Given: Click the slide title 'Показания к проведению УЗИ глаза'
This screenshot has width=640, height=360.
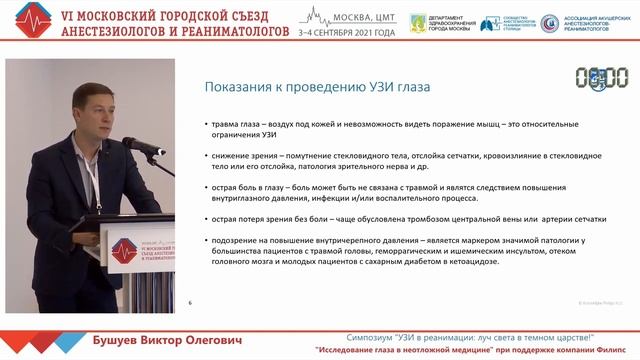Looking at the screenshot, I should pyautogui.click(x=317, y=87).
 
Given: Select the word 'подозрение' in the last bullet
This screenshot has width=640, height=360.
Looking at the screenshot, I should pyautogui.click(x=235, y=240).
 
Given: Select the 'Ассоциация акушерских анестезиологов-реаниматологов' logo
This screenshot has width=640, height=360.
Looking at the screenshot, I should pyautogui.click(x=584, y=24).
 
